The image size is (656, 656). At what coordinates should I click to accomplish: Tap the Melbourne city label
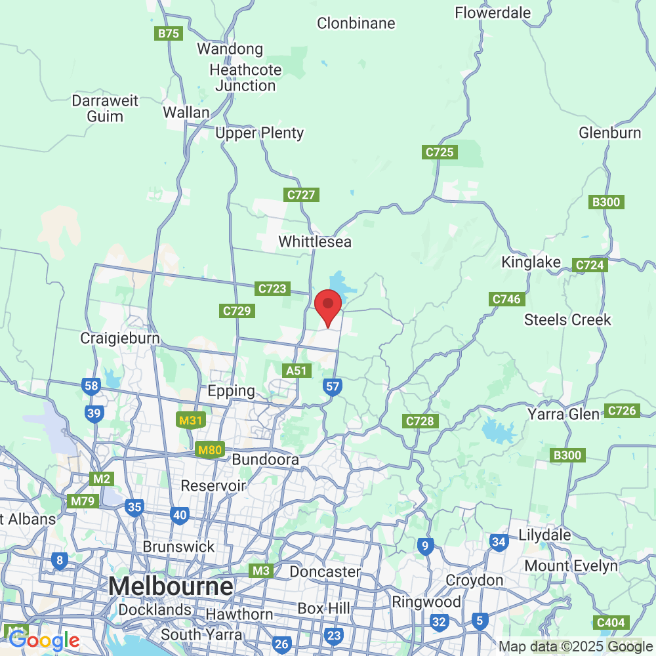point(171,585)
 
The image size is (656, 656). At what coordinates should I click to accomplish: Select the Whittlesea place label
point(315,242)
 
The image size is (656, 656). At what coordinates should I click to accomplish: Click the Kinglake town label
point(531,262)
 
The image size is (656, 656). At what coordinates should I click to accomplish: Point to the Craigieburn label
point(120,338)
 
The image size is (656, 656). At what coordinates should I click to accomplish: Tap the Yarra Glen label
point(564,415)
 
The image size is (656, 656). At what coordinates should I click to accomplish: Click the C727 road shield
point(302,195)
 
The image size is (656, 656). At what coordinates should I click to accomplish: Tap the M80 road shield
point(210,451)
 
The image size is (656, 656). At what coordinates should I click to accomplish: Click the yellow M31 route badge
point(190,420)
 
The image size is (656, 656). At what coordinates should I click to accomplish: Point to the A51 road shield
point(297,371)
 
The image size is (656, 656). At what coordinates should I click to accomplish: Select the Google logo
point(44,640)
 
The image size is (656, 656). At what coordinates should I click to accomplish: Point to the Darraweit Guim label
point(106,109)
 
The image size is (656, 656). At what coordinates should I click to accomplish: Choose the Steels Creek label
point(567,320)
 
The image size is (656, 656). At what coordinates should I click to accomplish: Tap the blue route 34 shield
point(499,542)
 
